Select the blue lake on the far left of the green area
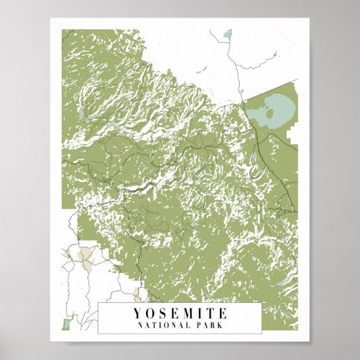tap(80, 111)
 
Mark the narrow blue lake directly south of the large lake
tap(254, 158)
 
